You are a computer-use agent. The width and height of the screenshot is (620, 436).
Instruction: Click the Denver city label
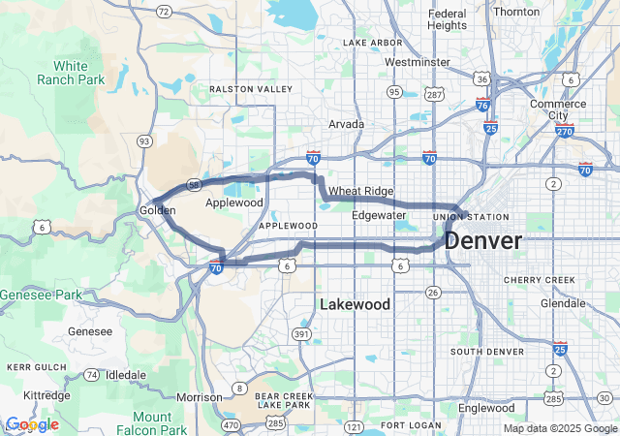click(483, 240)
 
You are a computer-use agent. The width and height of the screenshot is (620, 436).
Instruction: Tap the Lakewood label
click(355, 304)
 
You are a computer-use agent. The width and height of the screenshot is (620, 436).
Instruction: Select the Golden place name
click(157, 210)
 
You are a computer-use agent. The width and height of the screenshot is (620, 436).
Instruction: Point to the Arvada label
click(346, 124)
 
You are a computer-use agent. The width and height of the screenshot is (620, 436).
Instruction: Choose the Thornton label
click(516, 12)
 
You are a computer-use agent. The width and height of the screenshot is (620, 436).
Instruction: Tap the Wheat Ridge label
click(360, 191)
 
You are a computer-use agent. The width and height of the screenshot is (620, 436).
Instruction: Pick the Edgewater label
click(379, 215)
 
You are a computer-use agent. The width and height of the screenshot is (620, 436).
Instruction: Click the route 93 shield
click(144, 141)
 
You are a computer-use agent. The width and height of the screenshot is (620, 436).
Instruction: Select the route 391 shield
click(302, 334)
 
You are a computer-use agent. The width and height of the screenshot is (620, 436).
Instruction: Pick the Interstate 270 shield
click(567, 131)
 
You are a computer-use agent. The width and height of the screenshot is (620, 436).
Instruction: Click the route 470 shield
click(231, 423)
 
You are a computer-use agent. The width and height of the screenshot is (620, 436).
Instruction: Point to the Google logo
click(31, 424)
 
